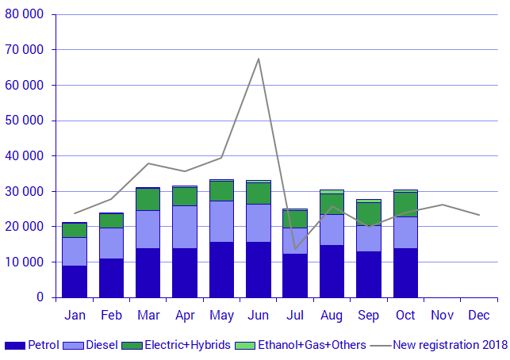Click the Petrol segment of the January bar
pos(75,281)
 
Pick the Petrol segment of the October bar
pos(405,273)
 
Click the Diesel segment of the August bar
pos(332,229)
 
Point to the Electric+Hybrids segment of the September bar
pos(368,213)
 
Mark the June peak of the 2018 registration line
pos(259,59)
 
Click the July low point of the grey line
pos(295,249)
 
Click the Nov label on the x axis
pos(442,316)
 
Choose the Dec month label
pos(478,316)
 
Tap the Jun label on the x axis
pos(259,316)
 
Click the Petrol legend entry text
pos(44,345)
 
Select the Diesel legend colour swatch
pos(74,346)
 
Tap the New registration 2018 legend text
pos(451,345)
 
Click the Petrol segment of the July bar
pos(295,275)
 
